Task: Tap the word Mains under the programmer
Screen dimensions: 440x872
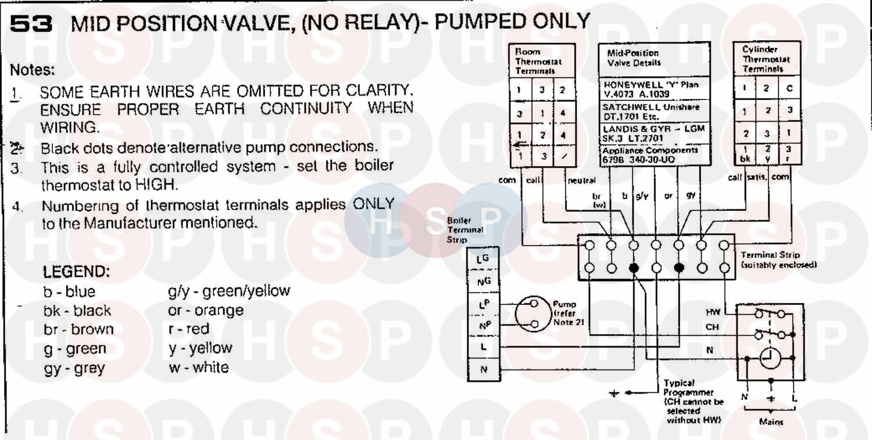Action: (771, 422)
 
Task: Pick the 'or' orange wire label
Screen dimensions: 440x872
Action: (668, 197)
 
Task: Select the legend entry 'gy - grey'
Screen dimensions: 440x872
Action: (75, 368)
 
